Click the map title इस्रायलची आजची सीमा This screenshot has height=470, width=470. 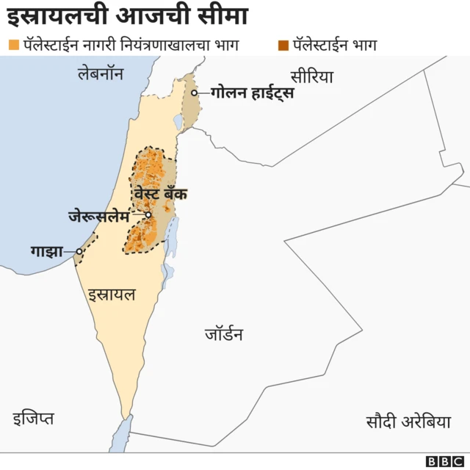pos(126,15)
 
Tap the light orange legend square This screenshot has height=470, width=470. pos(13,46)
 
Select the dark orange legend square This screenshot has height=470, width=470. pos(283,46)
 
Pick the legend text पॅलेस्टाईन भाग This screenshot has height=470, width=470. pos(335,46)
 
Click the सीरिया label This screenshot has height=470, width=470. pos(311,76)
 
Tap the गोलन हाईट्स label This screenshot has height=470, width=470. pos(252,93)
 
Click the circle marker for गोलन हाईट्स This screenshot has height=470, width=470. pos(195,93)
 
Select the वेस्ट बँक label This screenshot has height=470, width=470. pos(160,194)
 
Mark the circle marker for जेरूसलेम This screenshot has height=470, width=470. pos(148,215)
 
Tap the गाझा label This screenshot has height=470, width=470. pos(46,251)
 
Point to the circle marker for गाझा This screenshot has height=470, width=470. pos(79,252)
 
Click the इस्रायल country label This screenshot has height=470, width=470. pos(112,295)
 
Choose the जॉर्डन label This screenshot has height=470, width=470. pos(224,335)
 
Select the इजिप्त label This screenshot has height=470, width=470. pos(33,419)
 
